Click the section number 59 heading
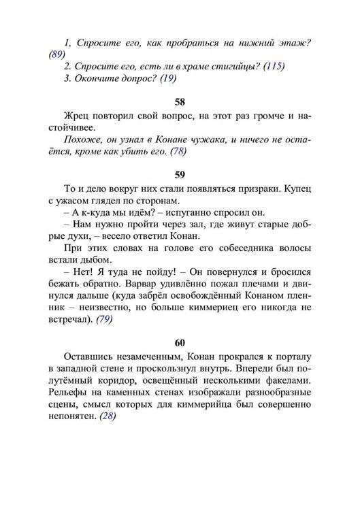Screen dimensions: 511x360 (x=180, y=174)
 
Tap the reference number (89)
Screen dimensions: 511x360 (x=58, y=55)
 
